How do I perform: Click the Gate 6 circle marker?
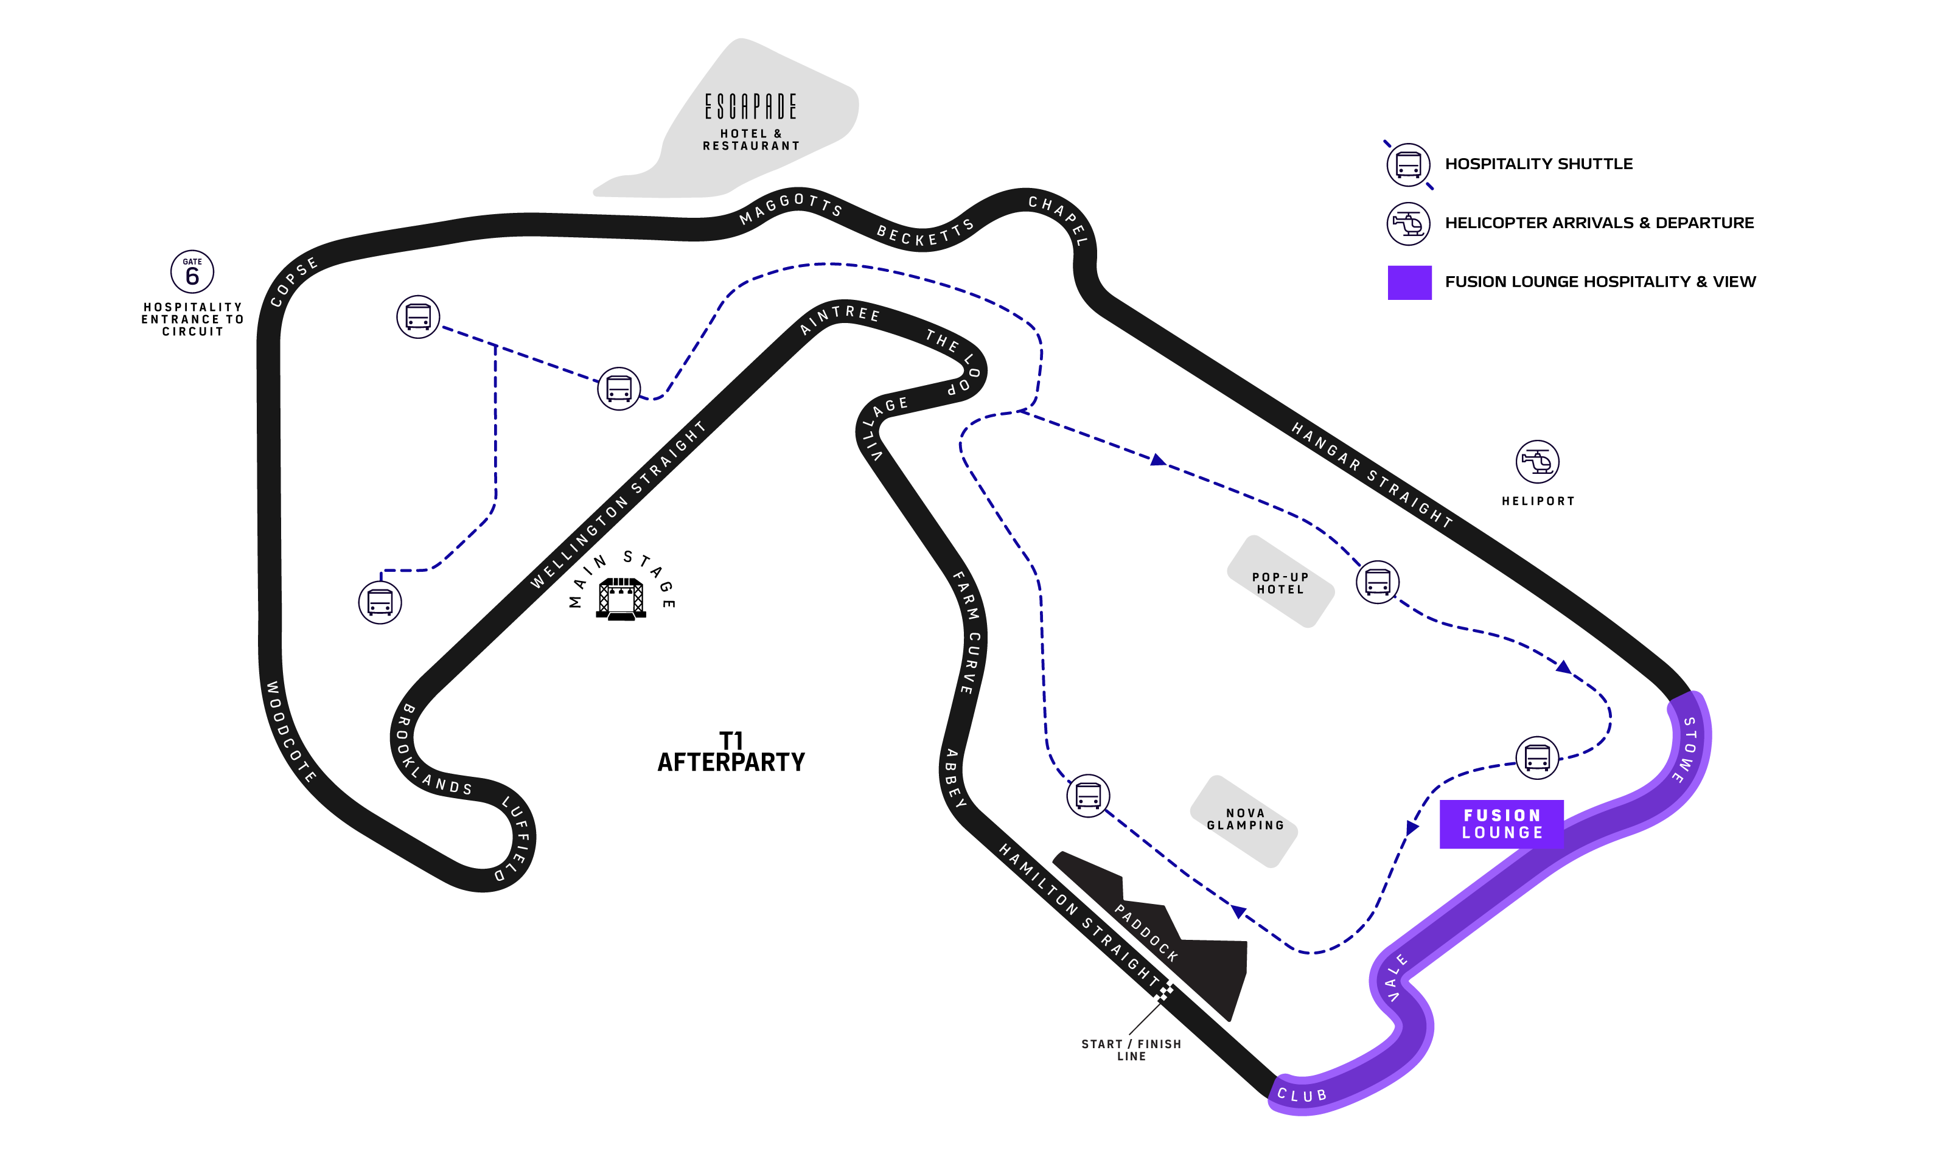pyautogui.click(x=192, y=273)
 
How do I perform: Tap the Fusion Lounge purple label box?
pyautogui.click(x=1501, y=824)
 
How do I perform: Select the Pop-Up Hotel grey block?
pyautogui.click(x=1280, y=582)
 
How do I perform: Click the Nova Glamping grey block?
pyautogui.click(x=1244, y=820)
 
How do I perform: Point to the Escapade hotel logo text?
pyautogui.click(x=750, y=107)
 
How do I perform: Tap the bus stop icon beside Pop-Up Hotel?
pyautogui.click(x=1377, y=582)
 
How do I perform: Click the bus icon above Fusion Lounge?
pyautogui.click(x=1536, y=758)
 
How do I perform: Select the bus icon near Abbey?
pyautogui.click(x=1088, y=795)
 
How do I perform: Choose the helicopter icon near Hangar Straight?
pyautogui.click(x=1536, y=461)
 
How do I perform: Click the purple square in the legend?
pyautogui.click(x=1409, y=282)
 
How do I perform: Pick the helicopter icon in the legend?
pyautogui.click(x=1407, y=224)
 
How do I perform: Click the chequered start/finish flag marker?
pyautogui.click(x=1163, y=990)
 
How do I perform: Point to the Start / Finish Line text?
pyautogui.click(x=1131, y=1050)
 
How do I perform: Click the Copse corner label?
pyautogui.click(x=294, y=282)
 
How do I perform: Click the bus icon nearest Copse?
pyautogui.click(x=418, y=316)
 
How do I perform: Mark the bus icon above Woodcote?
pyautogui.click(x=380, y=602)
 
